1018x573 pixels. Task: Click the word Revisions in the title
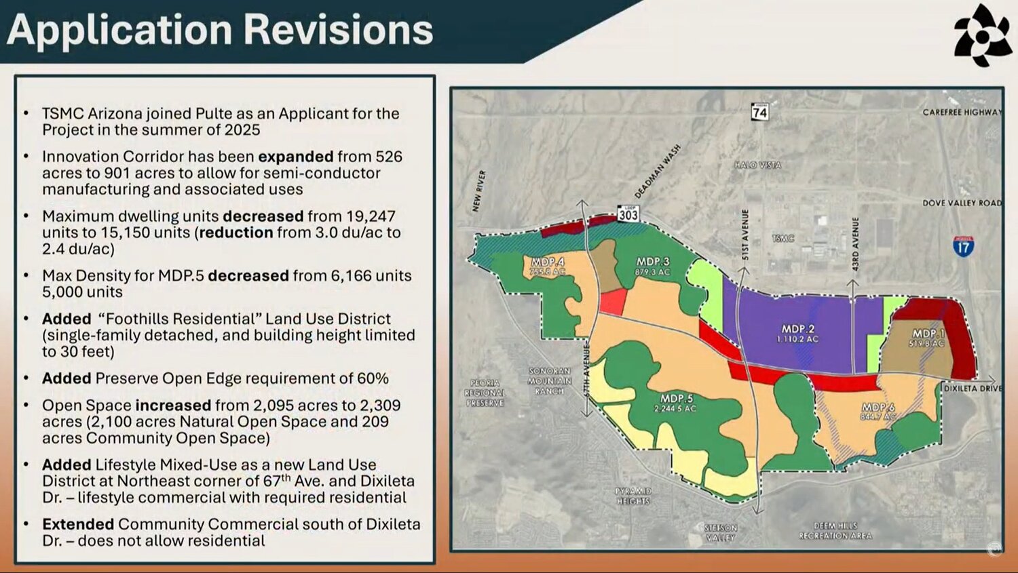pyautogui.click(x=337, y=30)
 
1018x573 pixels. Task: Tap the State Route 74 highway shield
pyautogui.click(x=759, y=111)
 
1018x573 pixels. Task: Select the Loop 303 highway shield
pyautogui.click(x=628, y=214)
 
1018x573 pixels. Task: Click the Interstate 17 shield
pyautogui.click(x=963, y=246)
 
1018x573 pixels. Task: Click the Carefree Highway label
pyautogui.click(x=962, y=112)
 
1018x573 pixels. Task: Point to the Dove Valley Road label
pyautogui.click(x=962, y=203)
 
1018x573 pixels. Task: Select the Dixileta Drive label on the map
pyautogui.click(x=973, y=389)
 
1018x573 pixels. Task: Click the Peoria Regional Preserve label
pyautogui.click(x=485, y=393)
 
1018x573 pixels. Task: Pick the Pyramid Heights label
pyautogui.click(x=633, y=496)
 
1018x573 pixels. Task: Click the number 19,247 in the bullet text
pyautogui.click(x=372, y=216)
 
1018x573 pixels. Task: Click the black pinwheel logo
pyautogui.click(x=983, y=35)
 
